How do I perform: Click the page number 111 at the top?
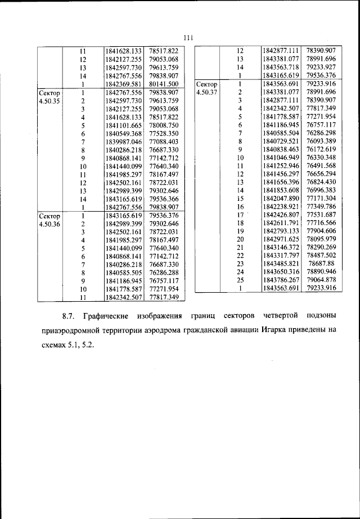188,38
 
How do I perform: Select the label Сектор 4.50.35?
49,96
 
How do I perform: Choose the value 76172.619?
321,150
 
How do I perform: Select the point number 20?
240,239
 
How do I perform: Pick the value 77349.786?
321,207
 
